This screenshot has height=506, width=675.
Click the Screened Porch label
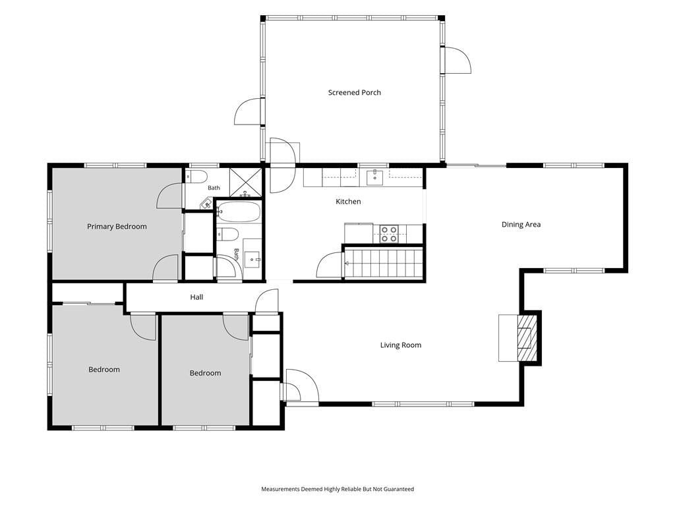[x=354, y=92]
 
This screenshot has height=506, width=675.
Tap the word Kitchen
[x=348, y=202]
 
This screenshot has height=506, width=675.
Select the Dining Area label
[x=521, y=224]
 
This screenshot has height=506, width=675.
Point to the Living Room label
[x=400, y=345]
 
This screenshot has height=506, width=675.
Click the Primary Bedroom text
[x=117, y=227]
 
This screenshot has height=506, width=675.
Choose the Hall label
[x=196, y=297]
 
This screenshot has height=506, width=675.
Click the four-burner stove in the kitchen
[x=388, y=234]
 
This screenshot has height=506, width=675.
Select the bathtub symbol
[x=239, y=211]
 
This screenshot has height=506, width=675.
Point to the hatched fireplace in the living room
[x=527, y=338]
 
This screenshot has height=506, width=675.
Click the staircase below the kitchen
[x=383, y=263]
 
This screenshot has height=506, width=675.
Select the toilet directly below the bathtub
[x=227, y=234]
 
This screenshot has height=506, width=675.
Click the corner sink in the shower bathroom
[x=206, y=204]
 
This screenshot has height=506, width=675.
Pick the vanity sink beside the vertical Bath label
[x=252, y=260]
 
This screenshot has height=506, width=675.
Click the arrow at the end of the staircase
[x=347, y=263]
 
